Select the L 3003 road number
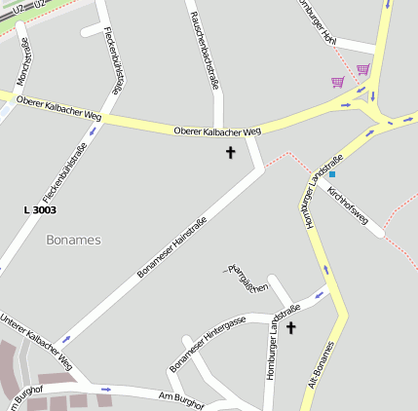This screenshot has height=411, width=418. [x=40, y=209]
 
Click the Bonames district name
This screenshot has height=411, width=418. [x=73, y=239]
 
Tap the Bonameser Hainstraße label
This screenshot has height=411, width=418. [x=172, y=246]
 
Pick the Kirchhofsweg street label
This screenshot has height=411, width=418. [x=348, y=210]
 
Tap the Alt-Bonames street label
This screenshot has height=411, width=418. [x=320, y=365]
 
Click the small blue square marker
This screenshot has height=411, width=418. [x=331, y=173]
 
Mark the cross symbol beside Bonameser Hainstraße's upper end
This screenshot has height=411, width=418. [x=231, y=152]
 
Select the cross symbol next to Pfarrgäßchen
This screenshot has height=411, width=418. [x=289, y=328]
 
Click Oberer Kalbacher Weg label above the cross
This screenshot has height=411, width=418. [x=217, y=131]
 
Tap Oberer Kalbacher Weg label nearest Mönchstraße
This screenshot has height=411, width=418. [x=58, y=108]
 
